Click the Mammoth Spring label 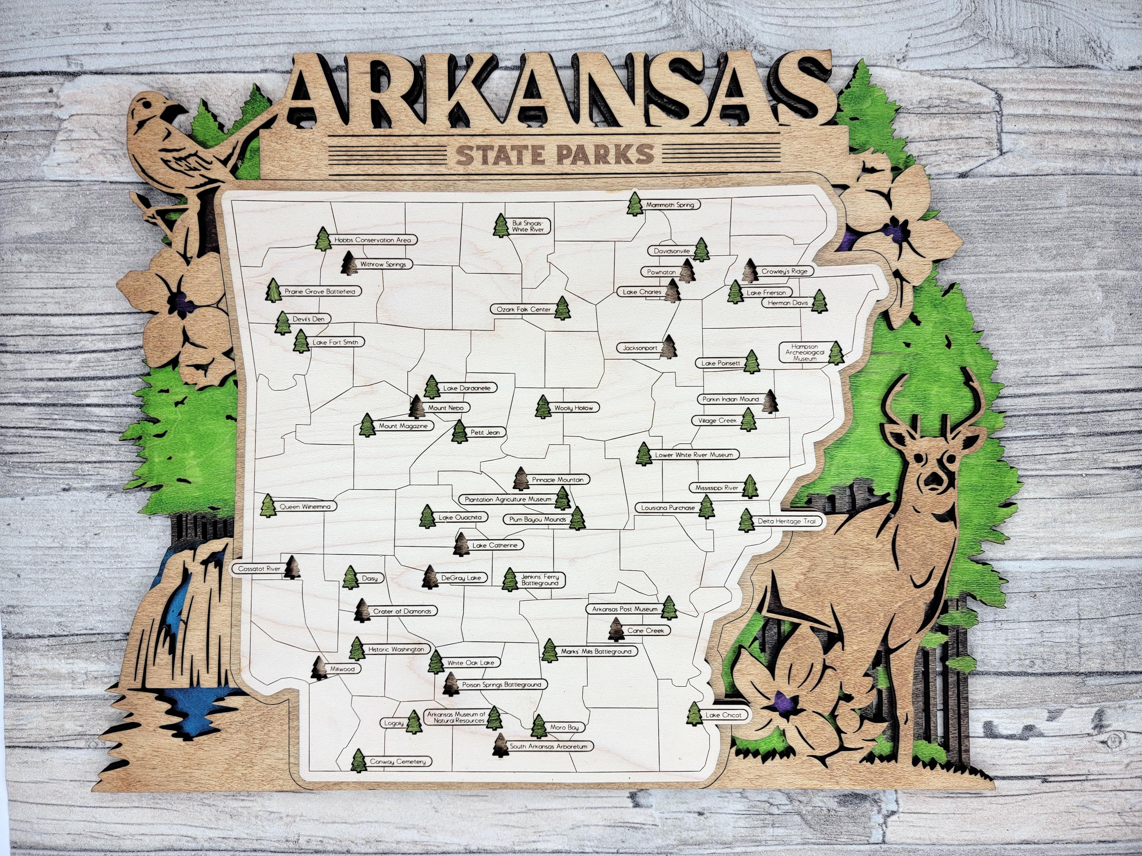[x=670, y=205]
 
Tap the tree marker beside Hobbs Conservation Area [x=323, y=239]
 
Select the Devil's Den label [x=308, y=319]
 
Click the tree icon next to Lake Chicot [x=694, y=714]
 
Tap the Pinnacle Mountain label [x=558, y=480]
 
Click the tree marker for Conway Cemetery [x=358, y=761]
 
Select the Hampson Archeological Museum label [x=804, y=352]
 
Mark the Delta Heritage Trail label [x=786, y=521]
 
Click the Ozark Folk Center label [x=523, y=310]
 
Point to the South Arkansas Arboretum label [x=548, y=746]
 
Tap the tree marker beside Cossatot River [x=293, y=567]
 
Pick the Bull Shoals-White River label [x=528, y=226]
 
